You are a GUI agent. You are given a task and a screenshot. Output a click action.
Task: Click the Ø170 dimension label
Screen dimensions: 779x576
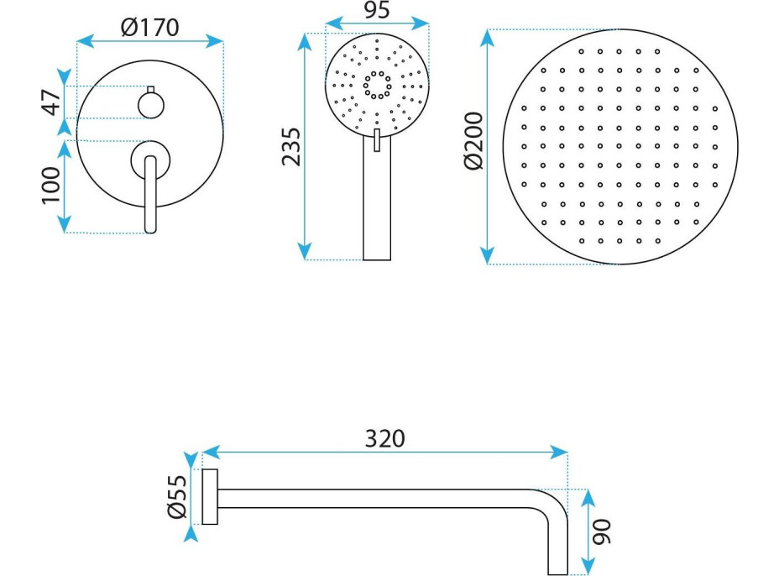coord(149,28)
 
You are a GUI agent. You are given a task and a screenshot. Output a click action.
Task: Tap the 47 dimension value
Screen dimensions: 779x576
coord(53,102)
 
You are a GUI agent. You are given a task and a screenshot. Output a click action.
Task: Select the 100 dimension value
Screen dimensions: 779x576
coord(51,185)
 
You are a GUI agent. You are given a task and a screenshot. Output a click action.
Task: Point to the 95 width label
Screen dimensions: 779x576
coord(377,10)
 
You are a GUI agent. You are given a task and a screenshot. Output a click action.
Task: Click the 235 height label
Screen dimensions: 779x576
coord(291,147)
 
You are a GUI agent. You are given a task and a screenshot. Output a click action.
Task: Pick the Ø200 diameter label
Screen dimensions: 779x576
coord(474,141)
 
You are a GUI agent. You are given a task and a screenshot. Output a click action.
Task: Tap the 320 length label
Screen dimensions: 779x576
coord(385,438)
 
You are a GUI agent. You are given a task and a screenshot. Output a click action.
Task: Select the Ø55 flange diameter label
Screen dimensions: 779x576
coord(177,497)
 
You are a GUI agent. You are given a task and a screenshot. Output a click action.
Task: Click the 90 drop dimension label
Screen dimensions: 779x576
coord(602,531)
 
